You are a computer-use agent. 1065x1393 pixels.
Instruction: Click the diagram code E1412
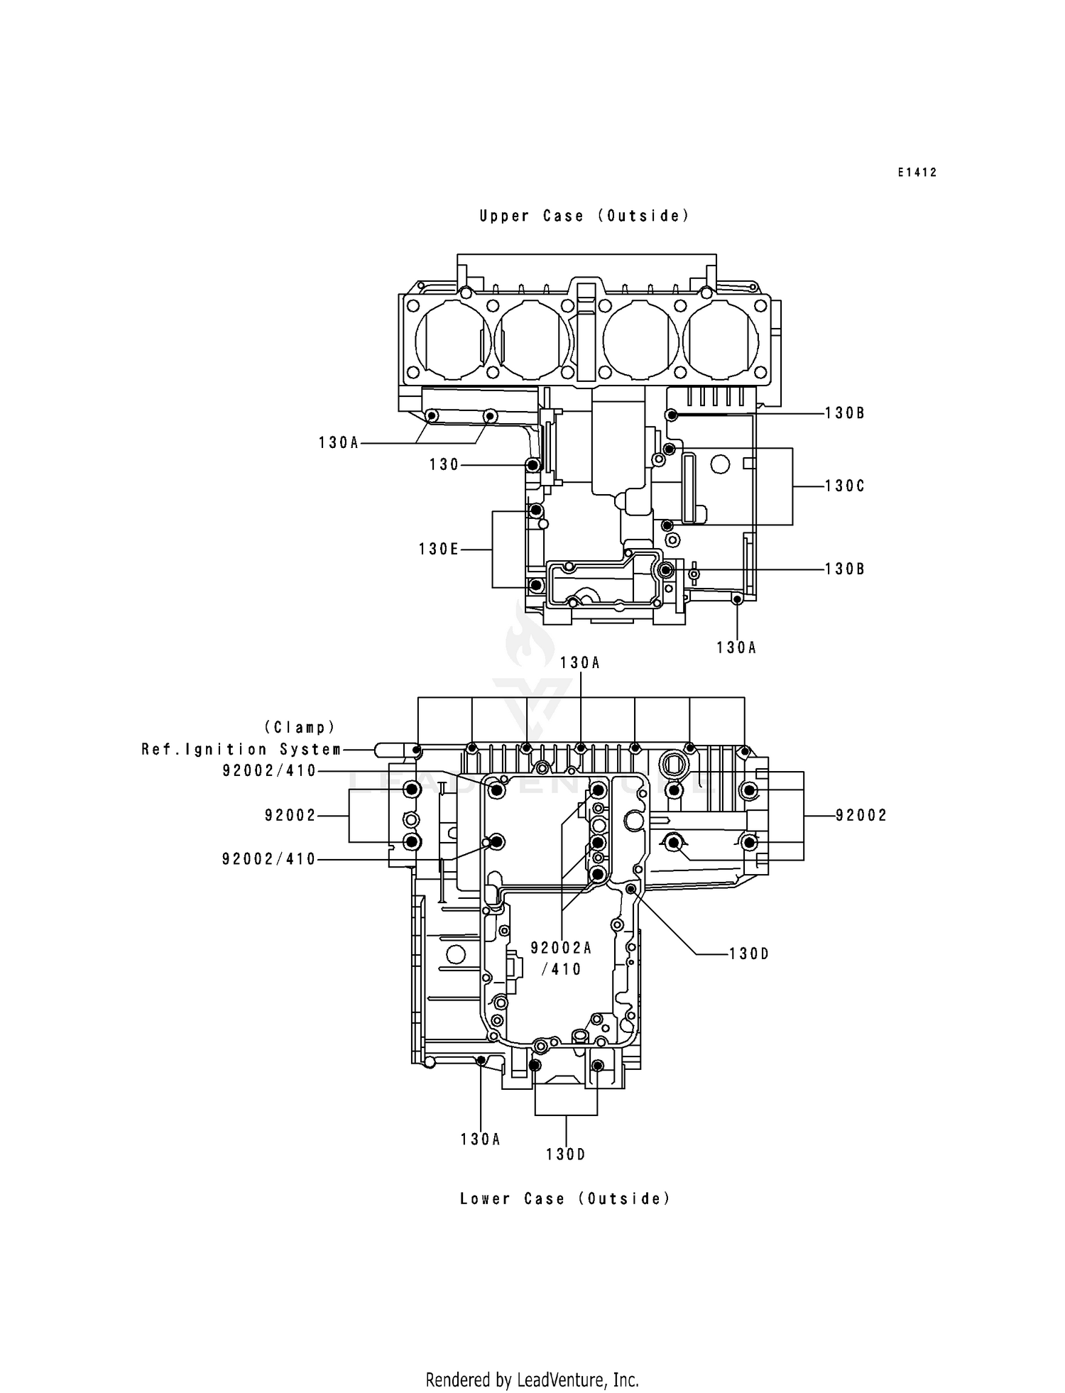[x=917, y=173]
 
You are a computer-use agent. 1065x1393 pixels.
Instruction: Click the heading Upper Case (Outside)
[x=584, y=216]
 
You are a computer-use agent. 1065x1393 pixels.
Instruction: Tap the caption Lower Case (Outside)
[x=564, y=1198]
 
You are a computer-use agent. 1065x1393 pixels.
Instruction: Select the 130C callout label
[x=844, y=486]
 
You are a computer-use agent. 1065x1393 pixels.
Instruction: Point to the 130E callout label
[x=438, y=549]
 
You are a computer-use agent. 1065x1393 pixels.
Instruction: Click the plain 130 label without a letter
[x=444, y=465]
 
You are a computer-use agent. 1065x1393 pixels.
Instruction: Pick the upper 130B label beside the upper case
[x=844, y=413]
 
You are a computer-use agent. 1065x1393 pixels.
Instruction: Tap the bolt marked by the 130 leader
[x=532, y=465]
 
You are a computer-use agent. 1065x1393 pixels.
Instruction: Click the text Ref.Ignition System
[x=241, y=749]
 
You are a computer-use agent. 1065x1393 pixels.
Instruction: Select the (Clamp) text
[x=300, y=727]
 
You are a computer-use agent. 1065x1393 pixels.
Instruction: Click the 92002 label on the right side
[x=861, y=816]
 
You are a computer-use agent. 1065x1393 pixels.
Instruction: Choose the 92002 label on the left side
[x=290, y=816]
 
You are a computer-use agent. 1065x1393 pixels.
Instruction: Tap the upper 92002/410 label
[x=268, y=771]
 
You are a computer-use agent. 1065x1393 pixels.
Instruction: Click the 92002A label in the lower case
[x=561, y=948]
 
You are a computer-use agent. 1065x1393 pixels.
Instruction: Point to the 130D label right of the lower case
[x=749, y=954]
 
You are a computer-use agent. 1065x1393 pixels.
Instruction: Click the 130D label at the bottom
[x=565, y=1155]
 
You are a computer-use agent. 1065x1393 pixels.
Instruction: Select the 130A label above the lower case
[x=579, y=663]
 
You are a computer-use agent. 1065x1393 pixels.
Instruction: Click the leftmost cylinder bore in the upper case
[x=452, y=339]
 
